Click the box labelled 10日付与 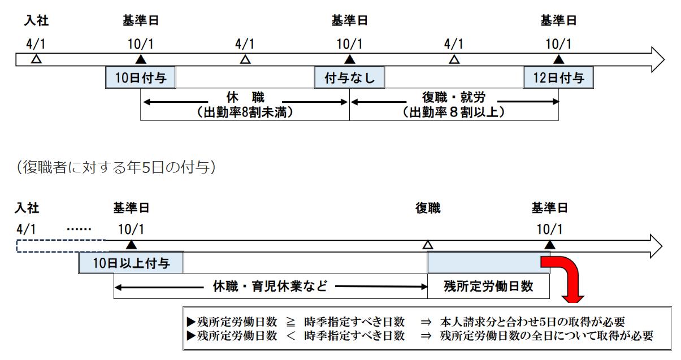point(141,77)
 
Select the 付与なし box point(349,77)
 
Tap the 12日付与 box point(558,77)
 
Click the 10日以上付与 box point(131,263)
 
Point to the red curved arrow point(571,275)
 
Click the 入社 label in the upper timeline point(36,20)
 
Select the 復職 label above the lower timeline point(428,208)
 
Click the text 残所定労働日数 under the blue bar point(488,286)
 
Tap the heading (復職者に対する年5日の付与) point(116,167)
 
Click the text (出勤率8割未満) point(245,112)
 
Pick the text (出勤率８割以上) point(454,112)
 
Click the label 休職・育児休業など point(270,286)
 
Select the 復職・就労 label point(454,97)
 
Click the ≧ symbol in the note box point(290,322)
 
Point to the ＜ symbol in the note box point(291,336)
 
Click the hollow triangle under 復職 point(428,245)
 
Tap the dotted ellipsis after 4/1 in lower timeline point(79,229)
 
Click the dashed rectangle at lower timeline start point(61,246)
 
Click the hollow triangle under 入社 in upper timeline point(37,59)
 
